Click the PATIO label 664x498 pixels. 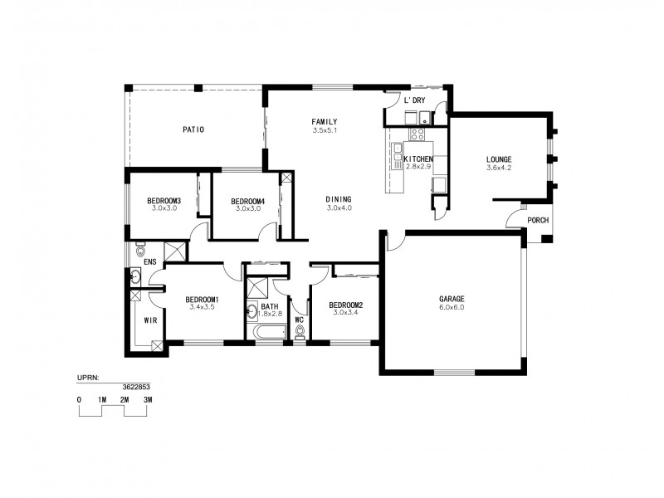point(193,129)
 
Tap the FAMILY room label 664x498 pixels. point(325,122)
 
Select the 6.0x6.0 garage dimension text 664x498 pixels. point(452,307)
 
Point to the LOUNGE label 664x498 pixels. point(499,159)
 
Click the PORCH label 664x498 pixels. point(538,220)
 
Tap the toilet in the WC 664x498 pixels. point(300,333)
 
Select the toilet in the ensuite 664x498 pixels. point(139,250)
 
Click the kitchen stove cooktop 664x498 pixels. point(417,134)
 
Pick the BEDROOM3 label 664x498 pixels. point(164,201)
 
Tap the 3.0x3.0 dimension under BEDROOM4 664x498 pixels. point(248,208)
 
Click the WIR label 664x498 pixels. point(150,320)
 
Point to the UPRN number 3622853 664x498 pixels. point(136,387)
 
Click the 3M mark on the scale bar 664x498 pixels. point(148,400)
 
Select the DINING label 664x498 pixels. point(339,199)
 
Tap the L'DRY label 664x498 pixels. point(414,100)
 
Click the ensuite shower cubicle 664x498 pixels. point(175,251)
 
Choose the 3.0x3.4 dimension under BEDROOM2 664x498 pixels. point(346,313)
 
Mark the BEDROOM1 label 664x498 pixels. point(202,300)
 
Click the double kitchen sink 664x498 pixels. point(398,156)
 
